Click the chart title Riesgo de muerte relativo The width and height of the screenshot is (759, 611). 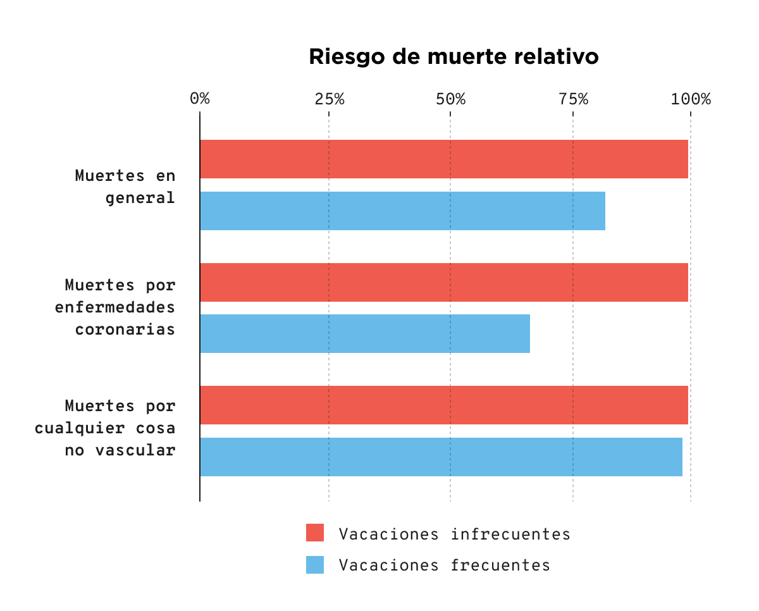point(454,57)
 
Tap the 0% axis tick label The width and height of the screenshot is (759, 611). point(200,99)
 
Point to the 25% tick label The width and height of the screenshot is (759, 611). point(329,99)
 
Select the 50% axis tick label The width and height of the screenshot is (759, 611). point(450,99)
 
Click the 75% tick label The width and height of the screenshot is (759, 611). point(573,99)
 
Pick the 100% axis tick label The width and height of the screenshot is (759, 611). point(691,99)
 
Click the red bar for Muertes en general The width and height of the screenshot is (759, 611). point(443,159)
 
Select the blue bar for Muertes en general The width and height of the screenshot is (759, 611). point(402,211)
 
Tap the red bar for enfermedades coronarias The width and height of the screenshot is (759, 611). point(443,282)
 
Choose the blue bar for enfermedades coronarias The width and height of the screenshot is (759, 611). point(364,333)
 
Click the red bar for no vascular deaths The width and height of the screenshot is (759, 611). point(443,405)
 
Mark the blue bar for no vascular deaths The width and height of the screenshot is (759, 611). point(441,457)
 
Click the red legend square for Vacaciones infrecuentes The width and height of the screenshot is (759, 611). point(315,533)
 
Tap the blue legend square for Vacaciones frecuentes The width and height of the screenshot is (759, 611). point(315,565)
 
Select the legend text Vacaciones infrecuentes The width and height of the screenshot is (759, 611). point(454,534)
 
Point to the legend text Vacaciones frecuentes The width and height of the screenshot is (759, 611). point(444,565)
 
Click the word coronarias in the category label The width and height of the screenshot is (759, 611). point(125,330)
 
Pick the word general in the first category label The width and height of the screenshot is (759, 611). point(140,198)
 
